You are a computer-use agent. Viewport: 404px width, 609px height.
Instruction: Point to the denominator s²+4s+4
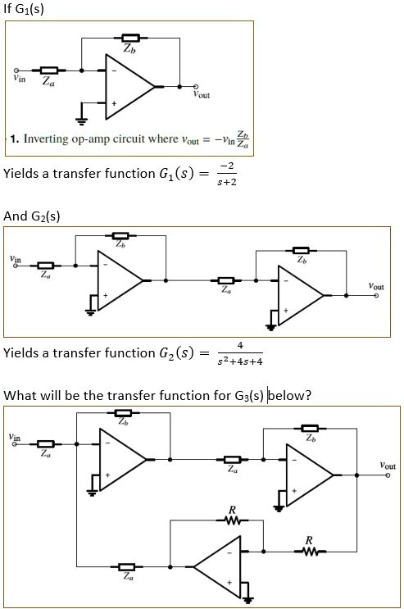coord(237,361)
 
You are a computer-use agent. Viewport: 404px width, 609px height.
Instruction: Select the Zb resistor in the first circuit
coord(129,38)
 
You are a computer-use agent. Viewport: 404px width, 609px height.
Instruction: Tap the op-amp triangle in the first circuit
coord(127,86)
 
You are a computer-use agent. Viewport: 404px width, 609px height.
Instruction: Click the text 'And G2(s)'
coord(32,216)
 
